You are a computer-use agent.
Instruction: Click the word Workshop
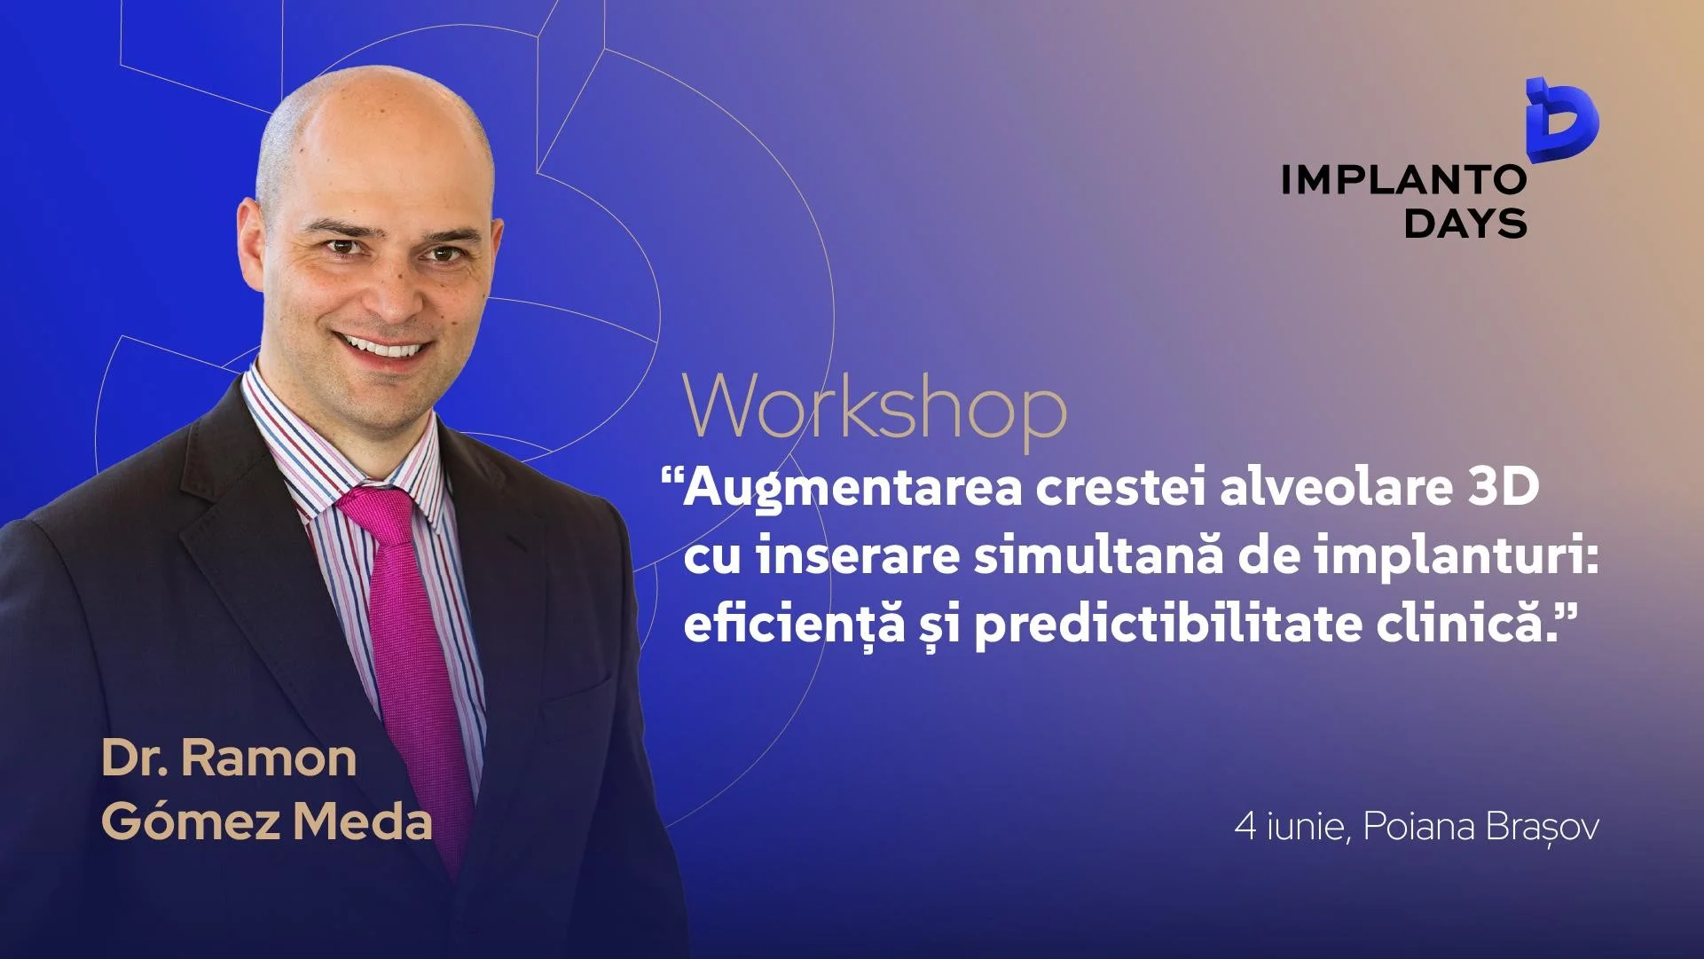pyautogui.click(x=874, y=406)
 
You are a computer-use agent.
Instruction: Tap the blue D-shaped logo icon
pyautogui.click(x=1561, y=122)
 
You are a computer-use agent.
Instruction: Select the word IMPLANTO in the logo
pyautogui.click(x=1403, y=180)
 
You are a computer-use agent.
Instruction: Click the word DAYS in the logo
pyautogui.click(x=1465, y=223)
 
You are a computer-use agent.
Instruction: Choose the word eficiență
pyautogui.click(x=793, y=625)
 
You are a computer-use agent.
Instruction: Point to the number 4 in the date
pyautogui.click(x=1245, y=826)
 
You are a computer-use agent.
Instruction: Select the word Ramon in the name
pyautogui.click(x=268, y=759)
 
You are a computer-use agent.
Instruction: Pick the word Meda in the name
pyautogui.click(x=363, y=821)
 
